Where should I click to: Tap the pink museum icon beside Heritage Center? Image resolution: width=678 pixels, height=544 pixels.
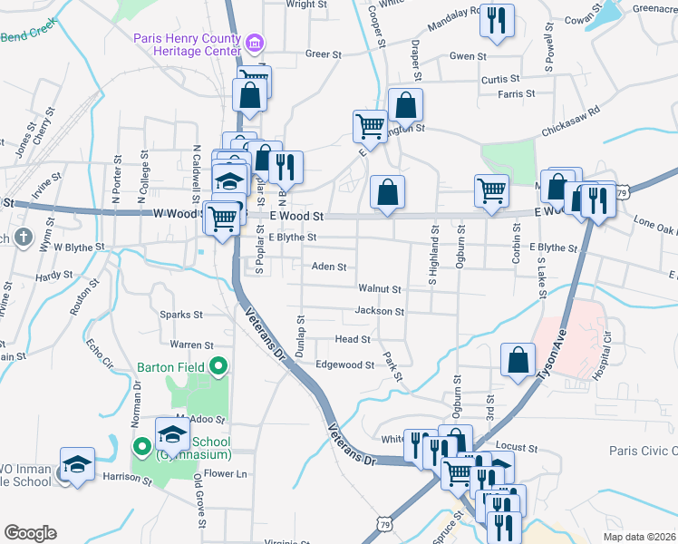pyautogui.click(x=255, y=43)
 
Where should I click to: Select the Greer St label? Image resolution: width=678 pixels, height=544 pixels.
pyautogui.click(x=323, y=54)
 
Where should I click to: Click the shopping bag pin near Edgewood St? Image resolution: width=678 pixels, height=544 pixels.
pyautogui.click(x=517, y=358)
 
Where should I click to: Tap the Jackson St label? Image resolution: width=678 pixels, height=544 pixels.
pyautogui.click(x=379, y=311)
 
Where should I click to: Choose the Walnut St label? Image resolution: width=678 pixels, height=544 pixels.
pyautogui.click(x=379, y=289)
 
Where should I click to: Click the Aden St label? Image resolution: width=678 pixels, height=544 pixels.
pyautogui.click(x=329, y=267)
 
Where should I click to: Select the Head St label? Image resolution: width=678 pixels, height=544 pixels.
pyautogui.click(x=353, y=339)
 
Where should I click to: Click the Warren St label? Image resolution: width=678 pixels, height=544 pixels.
pyautogui.click(x=190, y=345)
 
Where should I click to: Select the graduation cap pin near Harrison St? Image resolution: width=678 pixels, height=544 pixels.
pyautogui.click(x=77, y=464)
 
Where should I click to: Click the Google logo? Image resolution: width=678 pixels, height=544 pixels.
pyautogui.click(x=30, y=533)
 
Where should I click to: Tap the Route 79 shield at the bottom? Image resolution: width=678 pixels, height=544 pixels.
pyautogui.click(x=384, y=525)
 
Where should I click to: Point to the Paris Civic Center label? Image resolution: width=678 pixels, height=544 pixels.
pyautogui.click(x=643, y=452)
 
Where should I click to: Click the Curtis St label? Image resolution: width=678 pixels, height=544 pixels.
pyautogui.click(x=500, y=80)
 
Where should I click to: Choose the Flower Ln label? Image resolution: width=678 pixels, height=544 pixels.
pyautogui.click(x=226, y=474)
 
